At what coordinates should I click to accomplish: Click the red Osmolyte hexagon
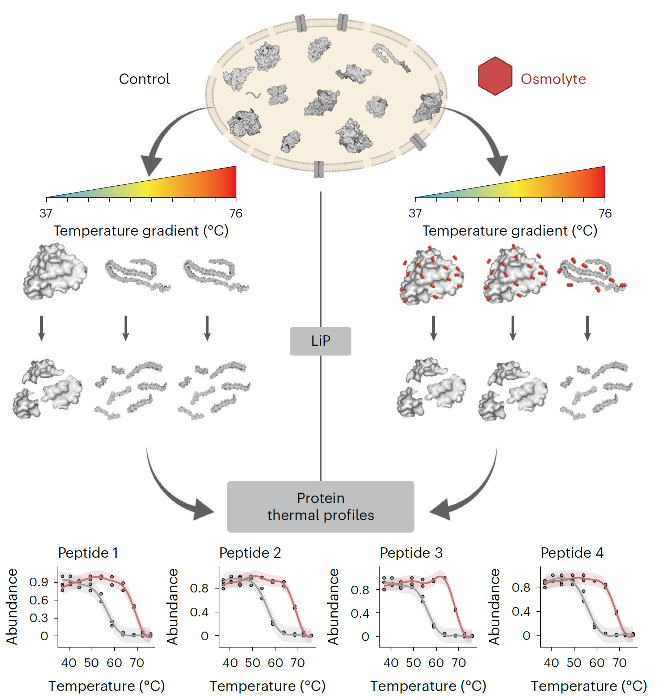click(x=495, y=76)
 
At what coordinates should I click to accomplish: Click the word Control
click(x=144, y=79)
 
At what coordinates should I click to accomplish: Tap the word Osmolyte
click(x=553, y=79)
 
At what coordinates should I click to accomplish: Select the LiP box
click(x=320, y=341)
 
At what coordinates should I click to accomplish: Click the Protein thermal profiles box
click(x=320, y=506)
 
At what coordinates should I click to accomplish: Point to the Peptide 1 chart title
click(x=88, y=553)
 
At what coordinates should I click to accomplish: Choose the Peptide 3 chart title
click(x=411, y=553)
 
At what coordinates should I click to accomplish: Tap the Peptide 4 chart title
click(x=572, y=553)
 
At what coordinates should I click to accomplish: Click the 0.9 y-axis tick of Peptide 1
click(x=39, y=582)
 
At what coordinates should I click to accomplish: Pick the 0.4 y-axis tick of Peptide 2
click(x=199, y=612)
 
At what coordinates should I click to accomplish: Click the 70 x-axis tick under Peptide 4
click(x=619, y=663)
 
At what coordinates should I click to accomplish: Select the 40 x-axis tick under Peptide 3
click(x=391, y=663)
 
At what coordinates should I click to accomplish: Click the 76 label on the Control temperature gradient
click(x=236, y=213)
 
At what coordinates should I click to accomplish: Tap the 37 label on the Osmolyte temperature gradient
click(x=415, y=213)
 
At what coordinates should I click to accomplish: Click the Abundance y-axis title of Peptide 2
click(x=173, y=607)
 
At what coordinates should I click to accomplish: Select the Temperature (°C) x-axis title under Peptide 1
click(x=106, y=686)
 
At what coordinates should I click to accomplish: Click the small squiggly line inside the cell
click(x=253, y=95)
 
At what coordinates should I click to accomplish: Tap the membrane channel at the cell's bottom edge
click(x=318, y=169)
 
